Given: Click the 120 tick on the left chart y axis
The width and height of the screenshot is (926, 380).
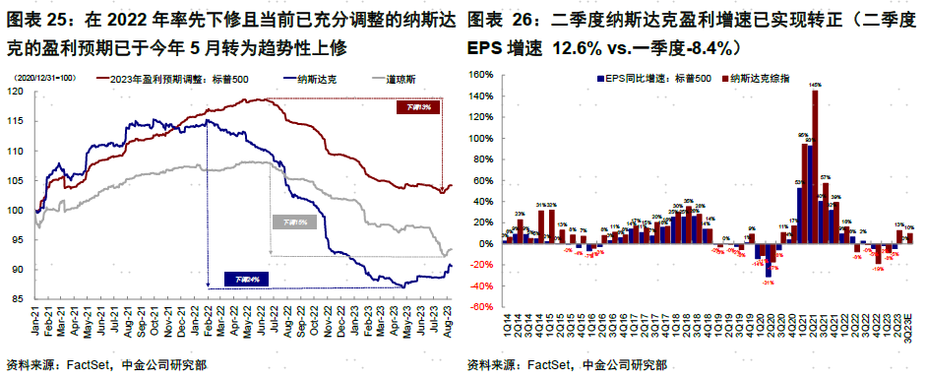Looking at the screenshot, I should (x=15, y=92).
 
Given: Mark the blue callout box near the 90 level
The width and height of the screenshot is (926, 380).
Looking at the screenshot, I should (x=245, y=280).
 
